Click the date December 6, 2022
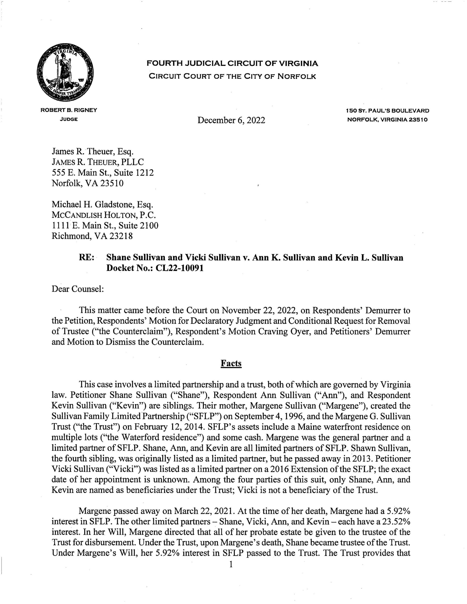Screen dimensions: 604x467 pos(231,120)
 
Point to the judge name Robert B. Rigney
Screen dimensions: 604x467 pos(69,110)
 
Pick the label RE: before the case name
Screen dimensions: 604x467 pos(87,257)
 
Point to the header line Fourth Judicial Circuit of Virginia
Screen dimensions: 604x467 pos(232,64)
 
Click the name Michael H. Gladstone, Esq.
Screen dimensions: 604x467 pos(102,205)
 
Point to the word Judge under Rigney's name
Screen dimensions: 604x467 pos(69,119)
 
